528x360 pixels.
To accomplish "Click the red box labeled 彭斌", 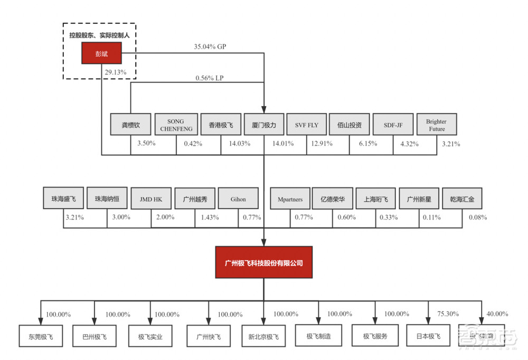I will [x=101, y=53].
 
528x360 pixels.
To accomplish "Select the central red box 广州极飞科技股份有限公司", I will [x=263, y=262].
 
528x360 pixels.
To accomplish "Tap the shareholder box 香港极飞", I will [x=221, y=125].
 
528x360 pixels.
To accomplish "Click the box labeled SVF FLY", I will [x=307, y=125].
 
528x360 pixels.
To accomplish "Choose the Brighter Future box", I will [x=437, y=125].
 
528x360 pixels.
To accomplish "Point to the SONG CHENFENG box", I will [x=176, y=125].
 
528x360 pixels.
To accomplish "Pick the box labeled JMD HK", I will [x=151, y=200].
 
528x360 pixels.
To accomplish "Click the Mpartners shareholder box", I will [x=290, y=200].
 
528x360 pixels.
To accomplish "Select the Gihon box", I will [x=238, y=200].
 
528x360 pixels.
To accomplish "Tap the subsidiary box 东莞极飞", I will [x=37, y=336].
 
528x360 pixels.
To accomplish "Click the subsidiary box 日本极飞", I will [x=427, y=336].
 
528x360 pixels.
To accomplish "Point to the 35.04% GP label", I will [x=210, y=46].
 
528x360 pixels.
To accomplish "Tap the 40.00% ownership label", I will [x=496, y=314].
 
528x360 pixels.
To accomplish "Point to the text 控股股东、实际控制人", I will [x=100, y=34].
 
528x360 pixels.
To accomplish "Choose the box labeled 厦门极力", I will [x=264, y=125].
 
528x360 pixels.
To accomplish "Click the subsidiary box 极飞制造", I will [x=318, y=336].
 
